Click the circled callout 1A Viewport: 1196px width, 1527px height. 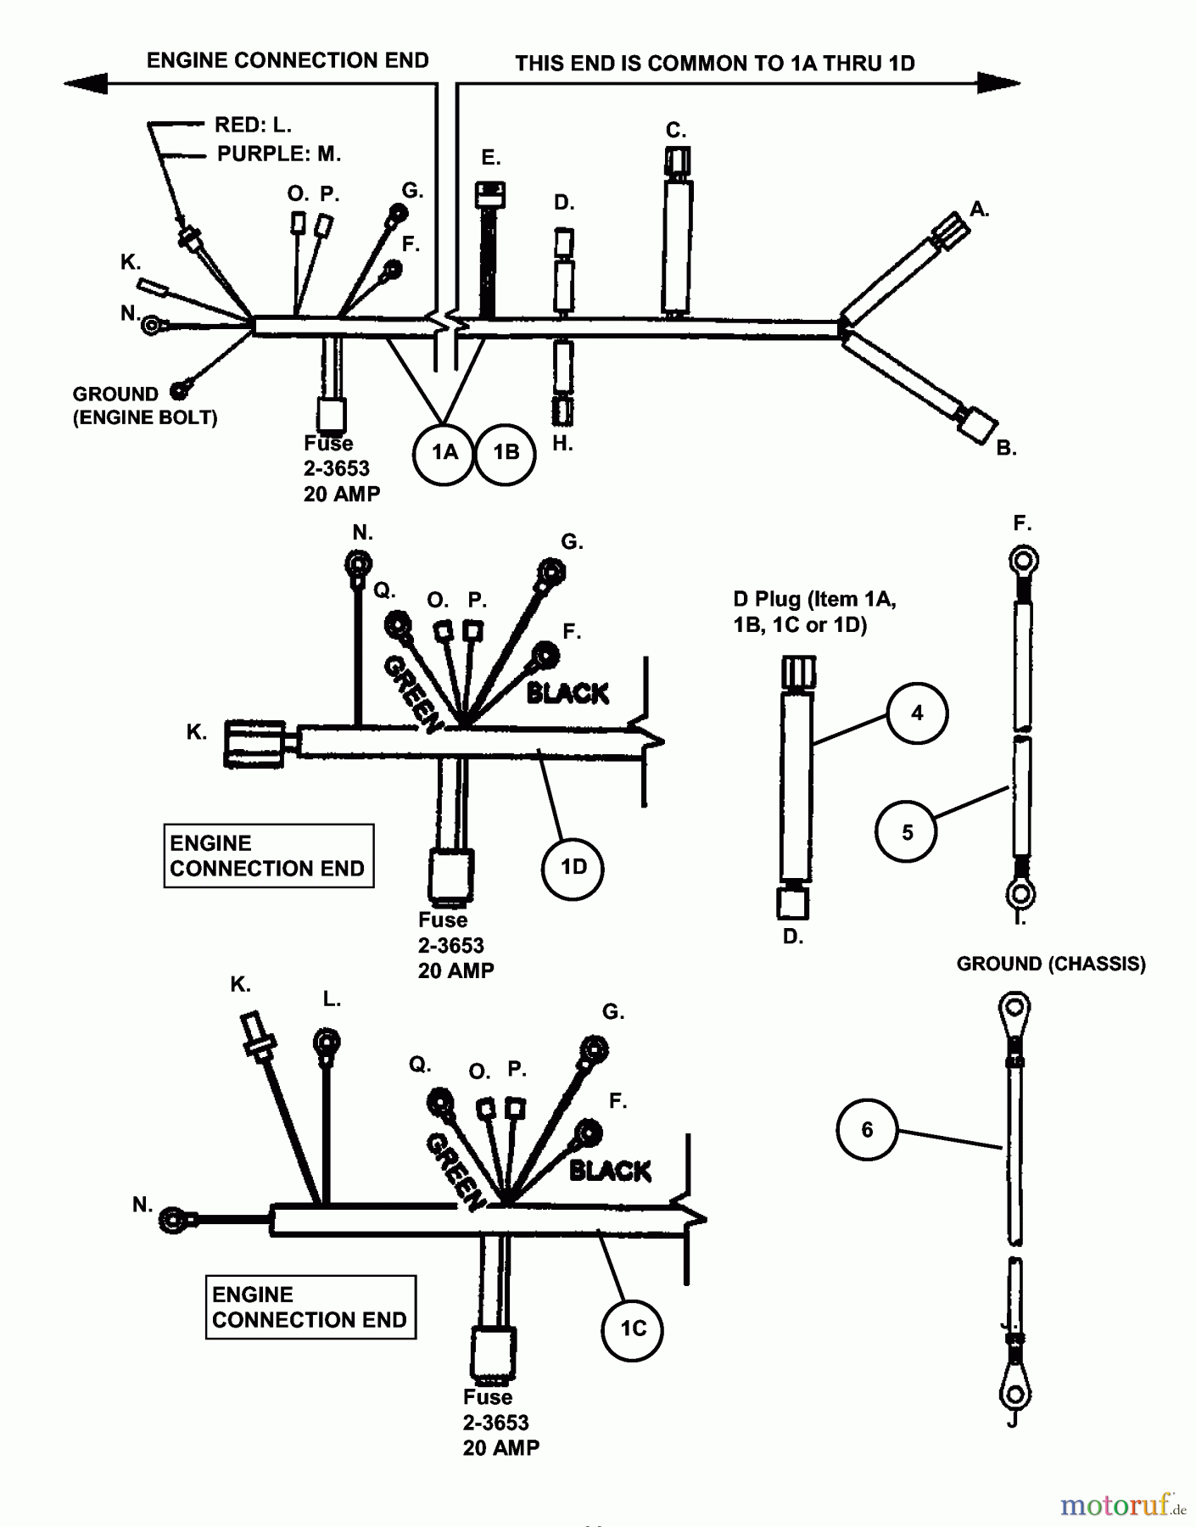(x=444, y=453)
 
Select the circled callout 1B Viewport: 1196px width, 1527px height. (x=506, y=453)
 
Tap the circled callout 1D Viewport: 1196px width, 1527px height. (x=573, y=867)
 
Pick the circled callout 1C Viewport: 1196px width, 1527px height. (x=633, y=1328)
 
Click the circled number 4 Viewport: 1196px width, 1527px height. (x=917, y=713)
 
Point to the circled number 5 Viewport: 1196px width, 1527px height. (x=907, y=832)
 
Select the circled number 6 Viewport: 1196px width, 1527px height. (x=867, y=1130)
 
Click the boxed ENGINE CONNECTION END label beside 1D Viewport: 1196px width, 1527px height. (x=268, y=856)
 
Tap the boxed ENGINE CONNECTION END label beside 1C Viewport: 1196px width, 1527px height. (x=310, y=1307)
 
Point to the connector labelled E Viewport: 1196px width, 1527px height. (x=490, y=196)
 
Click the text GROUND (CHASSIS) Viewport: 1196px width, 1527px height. (x=1051, y=965)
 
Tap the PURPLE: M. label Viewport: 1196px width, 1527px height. (x=278, y=154)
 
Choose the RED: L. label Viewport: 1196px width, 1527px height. (x=253, y=126)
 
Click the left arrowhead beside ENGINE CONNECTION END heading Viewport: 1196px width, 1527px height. (x=86, y=83)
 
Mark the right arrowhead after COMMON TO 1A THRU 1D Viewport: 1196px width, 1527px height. (x=998, y=83)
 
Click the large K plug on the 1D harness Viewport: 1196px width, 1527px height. (x=254, y=744)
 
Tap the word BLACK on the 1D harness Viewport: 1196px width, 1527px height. (x=567, y=694)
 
